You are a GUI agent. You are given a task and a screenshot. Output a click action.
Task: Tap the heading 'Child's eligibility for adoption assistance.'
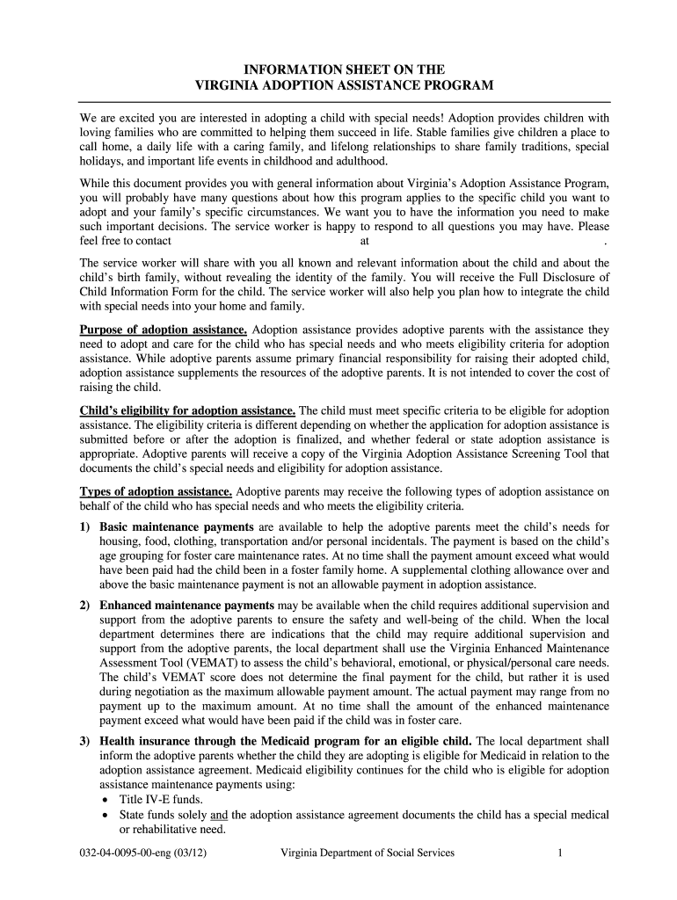(188, 410)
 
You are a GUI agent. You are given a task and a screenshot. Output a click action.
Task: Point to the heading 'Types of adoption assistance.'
(157, 491)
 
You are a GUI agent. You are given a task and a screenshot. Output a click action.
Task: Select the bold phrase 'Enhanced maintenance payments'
(187, 606)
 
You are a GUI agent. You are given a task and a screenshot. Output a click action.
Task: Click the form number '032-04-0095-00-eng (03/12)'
(140, 853)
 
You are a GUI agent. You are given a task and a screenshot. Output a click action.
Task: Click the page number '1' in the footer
(559, 853)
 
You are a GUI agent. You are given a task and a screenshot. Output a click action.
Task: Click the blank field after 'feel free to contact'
(264, 240)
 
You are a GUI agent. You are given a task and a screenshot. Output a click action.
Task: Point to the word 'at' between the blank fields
(364, 240)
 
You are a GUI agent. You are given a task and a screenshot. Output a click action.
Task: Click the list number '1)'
(86, 526)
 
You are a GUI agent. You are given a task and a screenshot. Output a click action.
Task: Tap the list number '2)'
(86, 606)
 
